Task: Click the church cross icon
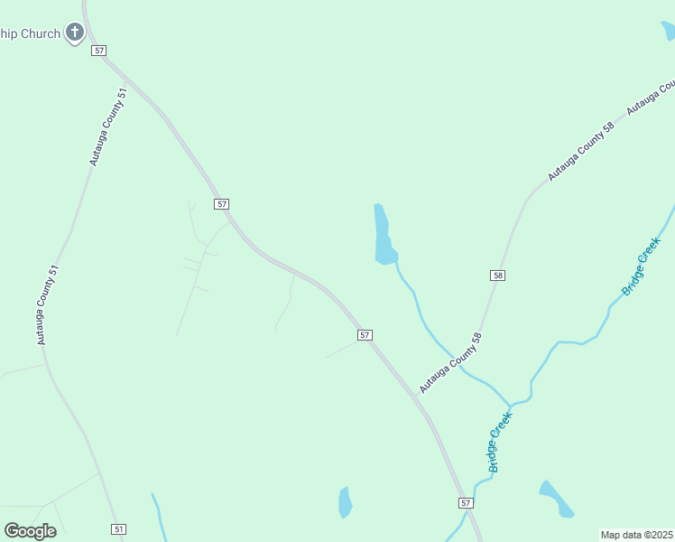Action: pos(75,34)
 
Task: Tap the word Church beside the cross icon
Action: pos(42,34)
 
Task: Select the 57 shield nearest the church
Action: pos(99,51)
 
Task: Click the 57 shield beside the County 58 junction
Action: pos(365,335)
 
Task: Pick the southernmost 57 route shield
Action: pos(466,502)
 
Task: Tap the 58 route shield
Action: pos(497,275)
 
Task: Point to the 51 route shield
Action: pos(119,528)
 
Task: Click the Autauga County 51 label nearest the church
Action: pos(107,126)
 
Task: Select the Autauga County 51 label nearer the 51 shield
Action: pos(48,304)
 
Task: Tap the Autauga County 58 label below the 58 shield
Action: pos(451,362)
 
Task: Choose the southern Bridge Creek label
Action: pos(500,442)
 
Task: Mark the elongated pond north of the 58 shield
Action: pos(383,235)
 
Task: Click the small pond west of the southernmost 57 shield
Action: pos(345,502)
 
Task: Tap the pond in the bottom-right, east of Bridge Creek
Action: pos(556,499)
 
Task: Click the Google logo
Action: pos(31,530)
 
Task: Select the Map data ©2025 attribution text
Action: pos(637,535)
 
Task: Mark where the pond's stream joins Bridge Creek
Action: pos(511,403)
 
